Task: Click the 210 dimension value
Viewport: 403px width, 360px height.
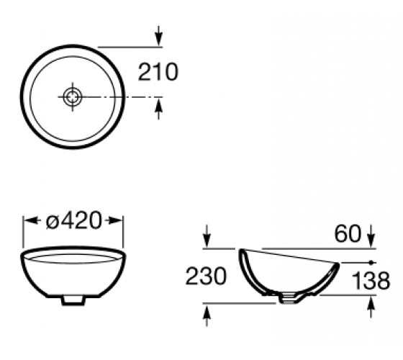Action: pos(158,72)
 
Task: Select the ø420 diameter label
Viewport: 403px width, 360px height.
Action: pos(73,220)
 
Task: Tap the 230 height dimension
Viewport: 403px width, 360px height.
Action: pos(206,276)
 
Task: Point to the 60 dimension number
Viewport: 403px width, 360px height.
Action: pos(348,233)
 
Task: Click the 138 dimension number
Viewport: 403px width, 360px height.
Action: pos(371,280)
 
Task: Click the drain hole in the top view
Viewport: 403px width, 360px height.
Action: pos(73,97)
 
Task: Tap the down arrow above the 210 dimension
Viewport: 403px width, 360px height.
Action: pos(159,36)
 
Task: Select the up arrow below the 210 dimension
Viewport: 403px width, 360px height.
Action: pos(159,109)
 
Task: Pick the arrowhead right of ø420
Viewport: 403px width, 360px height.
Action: pos(114,220)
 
